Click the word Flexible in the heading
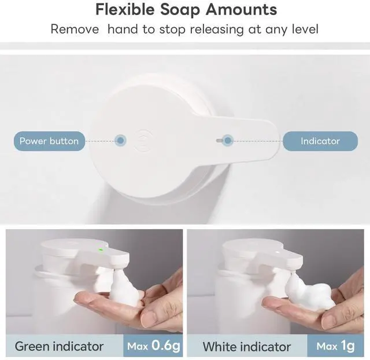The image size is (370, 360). coord(125,10)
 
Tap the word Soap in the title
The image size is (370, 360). coord(179,10)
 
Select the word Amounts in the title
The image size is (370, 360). coord(241,10)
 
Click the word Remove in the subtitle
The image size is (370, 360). coord(75,30)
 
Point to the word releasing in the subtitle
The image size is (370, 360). coord(217,30)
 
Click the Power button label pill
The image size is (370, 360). coord(49,141)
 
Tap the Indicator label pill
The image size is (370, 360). coord(320,141)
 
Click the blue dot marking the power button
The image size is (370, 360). coord(120,141)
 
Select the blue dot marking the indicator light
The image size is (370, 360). coord(227,141)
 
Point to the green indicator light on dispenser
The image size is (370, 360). coord(101,249)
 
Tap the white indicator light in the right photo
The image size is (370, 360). coord(277,252)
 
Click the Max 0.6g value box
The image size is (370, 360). coord(153,346)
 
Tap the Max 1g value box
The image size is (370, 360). coord(335,346)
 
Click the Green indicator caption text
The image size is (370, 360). coord(59,347)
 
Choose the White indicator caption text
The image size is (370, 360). coord(247,347)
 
